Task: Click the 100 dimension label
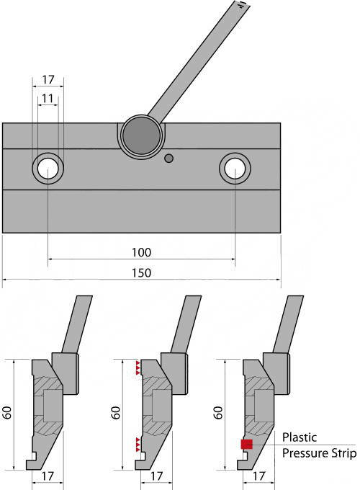141,252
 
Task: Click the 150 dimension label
141,273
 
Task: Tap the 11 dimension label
48,99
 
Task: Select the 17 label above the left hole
48,80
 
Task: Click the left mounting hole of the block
48,169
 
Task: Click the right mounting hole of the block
235,169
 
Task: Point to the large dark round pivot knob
142,136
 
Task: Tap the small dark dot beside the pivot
169,159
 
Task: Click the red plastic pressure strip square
247,444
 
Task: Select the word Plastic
300,437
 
